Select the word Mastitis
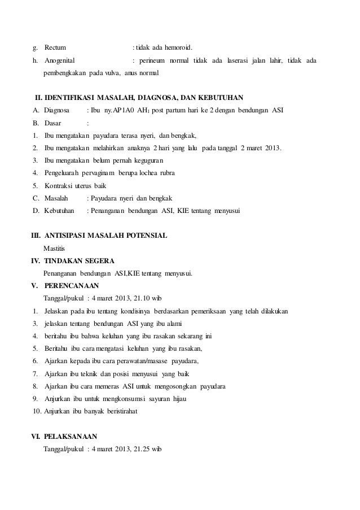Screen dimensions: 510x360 point(54,247)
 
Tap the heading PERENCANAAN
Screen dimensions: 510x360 point(71,286)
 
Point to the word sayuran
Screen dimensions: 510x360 point(156,399)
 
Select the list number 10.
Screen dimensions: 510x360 point(36,411)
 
